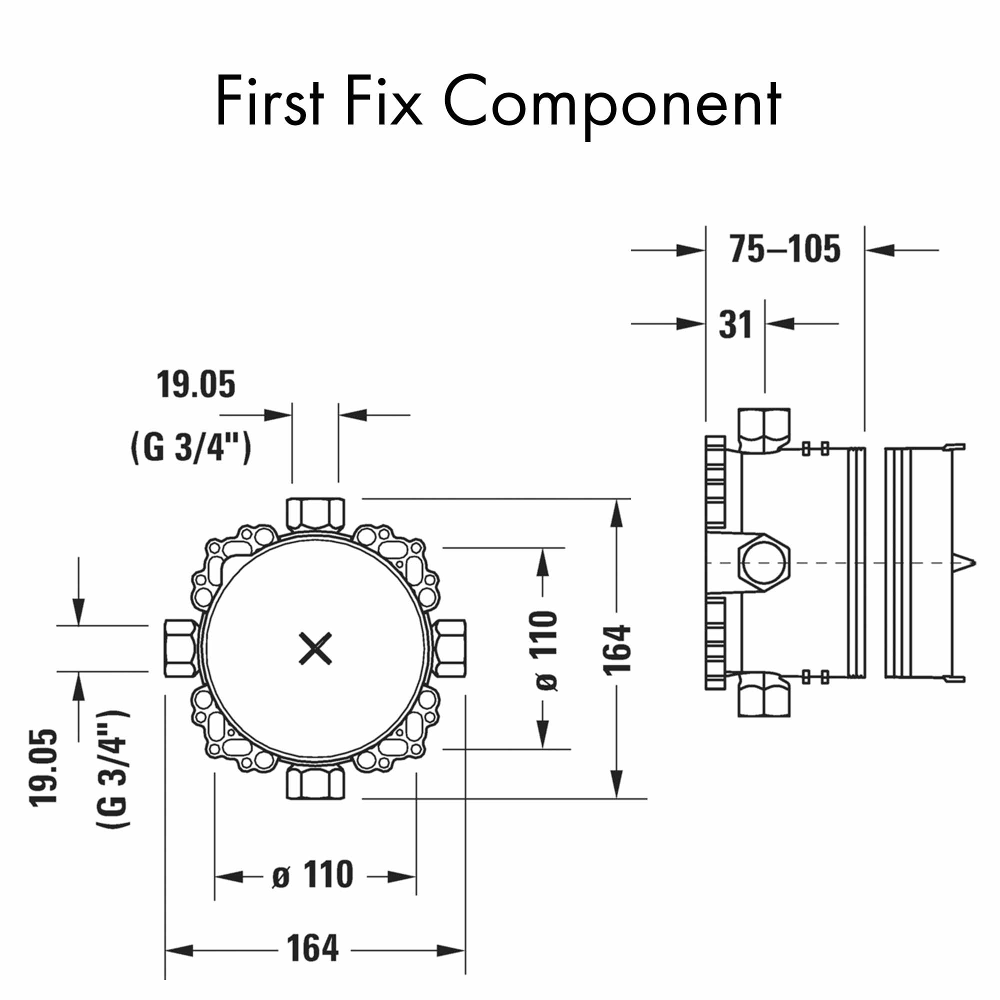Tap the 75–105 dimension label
point(784,249)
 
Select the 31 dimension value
point(735,325)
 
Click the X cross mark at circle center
point(315,648)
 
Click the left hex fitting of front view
point(180,648)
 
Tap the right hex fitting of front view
point(450,648)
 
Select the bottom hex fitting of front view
point(315,783)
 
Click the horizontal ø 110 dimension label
point(312,874)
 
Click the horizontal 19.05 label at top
point(195,384)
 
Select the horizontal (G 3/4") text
point(191,447)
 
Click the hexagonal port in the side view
point(764,563)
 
